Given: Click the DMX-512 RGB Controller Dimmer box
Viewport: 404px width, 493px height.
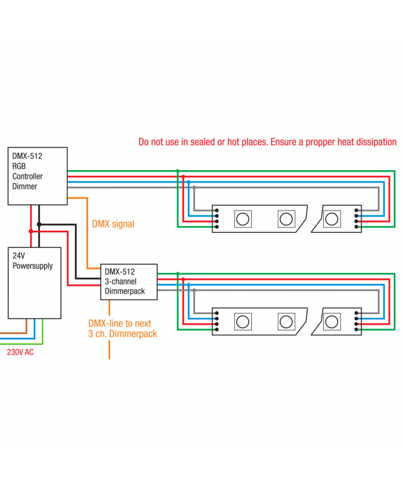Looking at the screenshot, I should click(37, 176).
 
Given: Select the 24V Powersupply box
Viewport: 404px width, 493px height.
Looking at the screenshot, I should click(34, 283).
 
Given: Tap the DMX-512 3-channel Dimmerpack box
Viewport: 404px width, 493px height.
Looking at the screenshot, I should click(129, 281).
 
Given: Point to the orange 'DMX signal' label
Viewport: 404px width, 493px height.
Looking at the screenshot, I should click(112, 224).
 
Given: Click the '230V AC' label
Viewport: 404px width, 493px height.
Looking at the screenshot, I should click(21, 352).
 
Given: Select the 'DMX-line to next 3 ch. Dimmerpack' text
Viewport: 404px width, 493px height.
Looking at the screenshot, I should click(122, 328).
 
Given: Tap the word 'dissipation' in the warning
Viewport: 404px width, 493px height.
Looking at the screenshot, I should click(374, 142).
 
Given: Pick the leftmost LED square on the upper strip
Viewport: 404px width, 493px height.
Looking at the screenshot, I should click(242, 218).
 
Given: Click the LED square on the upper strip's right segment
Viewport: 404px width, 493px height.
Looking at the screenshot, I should click(332, 218).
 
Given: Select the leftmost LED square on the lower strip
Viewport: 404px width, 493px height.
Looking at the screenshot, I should click(242, 322).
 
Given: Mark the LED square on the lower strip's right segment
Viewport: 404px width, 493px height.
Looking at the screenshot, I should click(332, 322).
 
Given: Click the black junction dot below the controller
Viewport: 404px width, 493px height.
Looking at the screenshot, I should click(39, 224).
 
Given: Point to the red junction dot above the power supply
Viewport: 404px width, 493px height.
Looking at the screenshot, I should click(30, 231).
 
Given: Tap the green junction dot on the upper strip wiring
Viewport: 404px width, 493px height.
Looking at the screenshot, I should click(178, 171).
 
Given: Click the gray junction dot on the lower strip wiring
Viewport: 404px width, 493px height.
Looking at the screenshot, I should click(194, 289).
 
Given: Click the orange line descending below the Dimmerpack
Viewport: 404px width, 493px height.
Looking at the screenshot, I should click(109, 348).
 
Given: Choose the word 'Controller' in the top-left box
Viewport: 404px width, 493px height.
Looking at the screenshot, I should click(28, 176).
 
